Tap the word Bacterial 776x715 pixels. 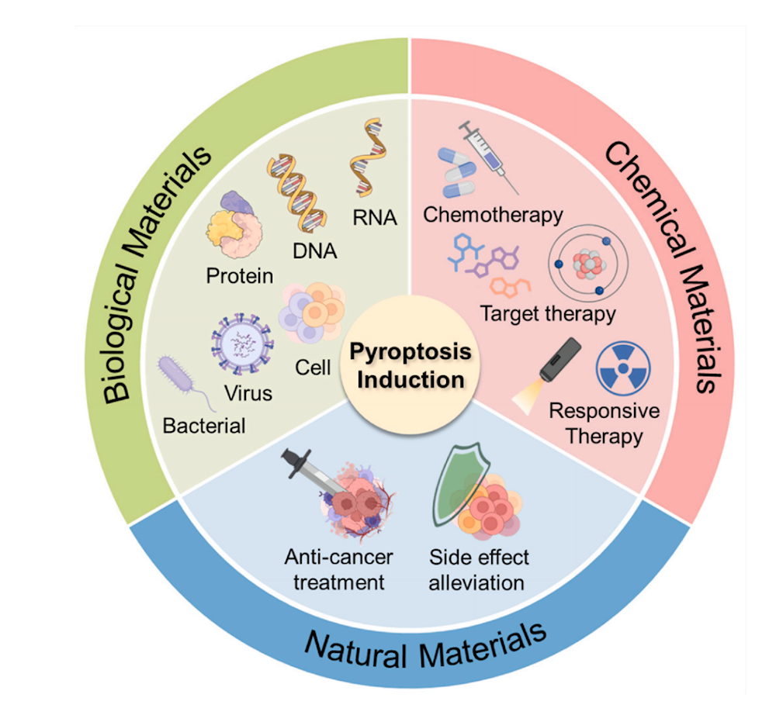click(204, 425)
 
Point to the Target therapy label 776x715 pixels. click(548, 314)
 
